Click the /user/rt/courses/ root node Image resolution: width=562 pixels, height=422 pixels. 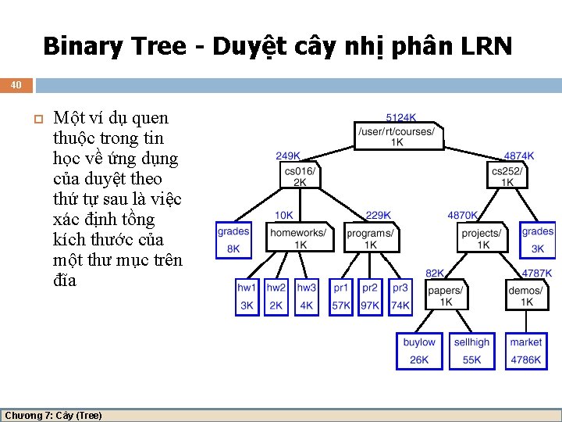point(397,136)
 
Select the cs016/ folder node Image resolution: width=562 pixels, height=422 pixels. point(299,176)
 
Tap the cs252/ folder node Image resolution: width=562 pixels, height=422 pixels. point(507,176)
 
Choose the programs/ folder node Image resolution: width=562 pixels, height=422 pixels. point(371,238)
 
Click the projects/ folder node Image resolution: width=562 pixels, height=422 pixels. point(482,238)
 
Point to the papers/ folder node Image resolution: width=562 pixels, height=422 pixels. point(446,295)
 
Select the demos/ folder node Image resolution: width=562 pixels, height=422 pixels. point(526,295)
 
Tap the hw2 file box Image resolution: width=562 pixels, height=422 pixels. point(276,296)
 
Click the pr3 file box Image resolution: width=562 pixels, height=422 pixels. point(400,296)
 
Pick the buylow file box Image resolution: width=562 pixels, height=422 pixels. point(419,350)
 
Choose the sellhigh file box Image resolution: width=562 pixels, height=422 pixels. point(472,350)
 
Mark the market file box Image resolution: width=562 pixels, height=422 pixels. point(526,350)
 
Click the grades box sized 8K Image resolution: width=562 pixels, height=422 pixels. point(233,239)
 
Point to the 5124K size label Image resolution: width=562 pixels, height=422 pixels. point(400,117)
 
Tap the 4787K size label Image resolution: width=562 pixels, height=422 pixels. point(536,274)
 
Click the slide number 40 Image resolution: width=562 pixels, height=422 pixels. point(16,84)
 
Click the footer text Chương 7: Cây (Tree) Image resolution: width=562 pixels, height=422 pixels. point(53,415)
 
